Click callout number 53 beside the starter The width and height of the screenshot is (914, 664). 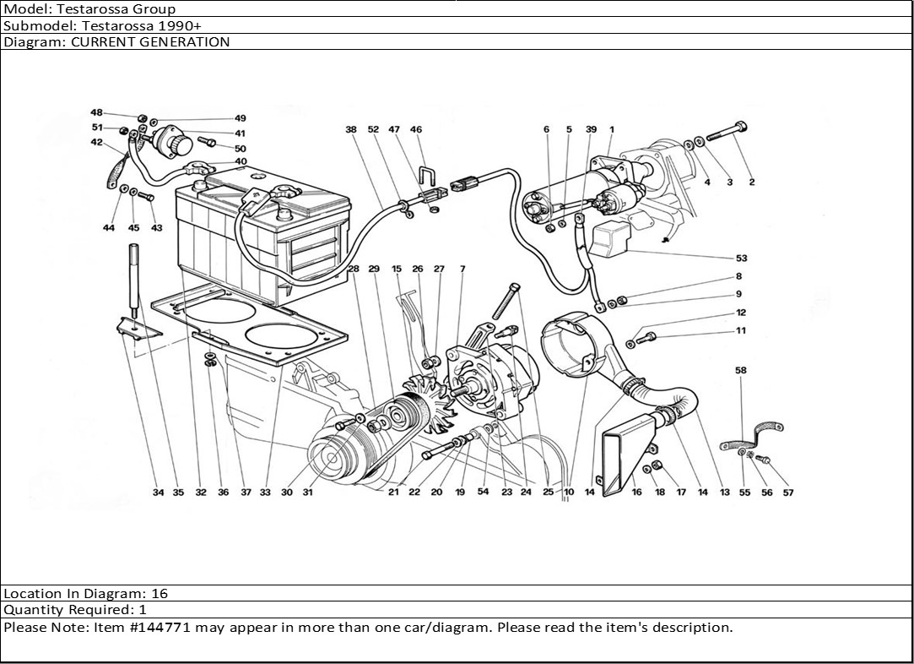pos(741,259)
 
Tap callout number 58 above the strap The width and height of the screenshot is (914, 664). pos(741,371)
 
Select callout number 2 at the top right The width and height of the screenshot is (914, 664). pos(751,182)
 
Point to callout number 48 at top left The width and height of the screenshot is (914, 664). pos(97,112)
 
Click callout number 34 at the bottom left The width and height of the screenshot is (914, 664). pos(159,493)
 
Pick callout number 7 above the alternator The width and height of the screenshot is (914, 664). pos(462,269)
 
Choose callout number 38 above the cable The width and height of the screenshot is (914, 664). pos(351,129)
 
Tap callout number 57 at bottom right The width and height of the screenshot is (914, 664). pos(788,493)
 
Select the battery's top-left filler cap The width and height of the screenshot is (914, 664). pos(200,184)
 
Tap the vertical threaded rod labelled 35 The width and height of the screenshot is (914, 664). pos(133,275)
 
